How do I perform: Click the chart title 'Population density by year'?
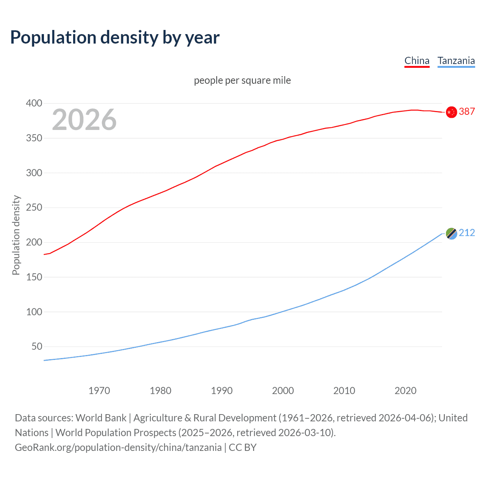pyautogui.click(x=115, y=37)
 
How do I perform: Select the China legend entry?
pyautogui.click(x=417, y=61)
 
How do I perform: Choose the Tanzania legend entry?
pyautogui.click(x=456, y=61)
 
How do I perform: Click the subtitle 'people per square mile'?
pyautogui.click(x=242, y=80)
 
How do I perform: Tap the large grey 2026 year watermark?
pyautogui.click(x=84, y=120)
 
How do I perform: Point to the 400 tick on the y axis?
pyautogui.click(x=34, y=103)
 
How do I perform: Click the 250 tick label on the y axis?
pyautogui.click(x=34, y=208)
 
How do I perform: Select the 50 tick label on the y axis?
pyautogui.click(x=36, y=347)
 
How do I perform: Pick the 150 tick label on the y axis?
pyautogui.click(x=34, y=277)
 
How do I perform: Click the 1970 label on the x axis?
pyautogui.click(x=99, y=391)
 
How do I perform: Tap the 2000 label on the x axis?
pyautogui.click(x=283, y=391)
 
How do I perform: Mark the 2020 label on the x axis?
pyautogui.click(x=405, y=391)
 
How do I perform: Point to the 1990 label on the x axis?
pyautogui.click(x=222, y=391)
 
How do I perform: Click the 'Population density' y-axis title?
pyautogui.click(x=16, y=235)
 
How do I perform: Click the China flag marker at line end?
pyautogui.click(x=451, y=112)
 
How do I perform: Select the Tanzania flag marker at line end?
pyautogui.click(x=451, y=234)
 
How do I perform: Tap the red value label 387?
pyautogui.click(x=467, y=111)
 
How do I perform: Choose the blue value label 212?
pyautogui.click(x=467, y=233)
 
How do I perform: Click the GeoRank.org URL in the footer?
pyautogui.click(x=118, y=447)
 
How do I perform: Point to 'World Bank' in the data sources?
pyautogui.click(x=101, y=418)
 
